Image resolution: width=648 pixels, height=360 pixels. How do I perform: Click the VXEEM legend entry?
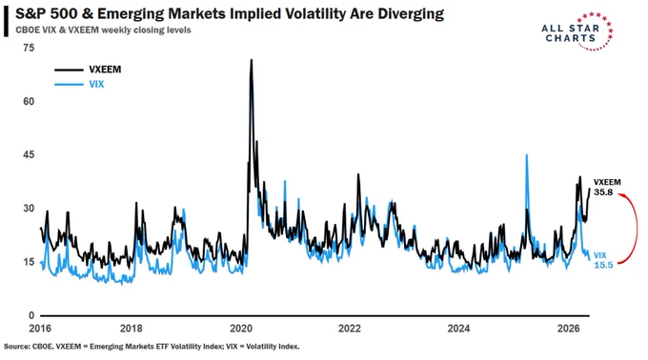click(88, 70)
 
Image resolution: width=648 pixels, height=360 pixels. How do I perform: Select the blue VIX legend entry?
click(79, 84)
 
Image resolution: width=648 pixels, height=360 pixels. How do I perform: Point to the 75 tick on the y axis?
click(29, 48)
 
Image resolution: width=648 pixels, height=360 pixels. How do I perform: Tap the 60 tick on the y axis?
click(29, 102)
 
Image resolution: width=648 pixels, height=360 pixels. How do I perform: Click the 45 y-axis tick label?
click(29, 155)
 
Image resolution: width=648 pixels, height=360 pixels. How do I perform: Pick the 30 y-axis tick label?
click(29, 208)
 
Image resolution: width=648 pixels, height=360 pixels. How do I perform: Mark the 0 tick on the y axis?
click(31, 315)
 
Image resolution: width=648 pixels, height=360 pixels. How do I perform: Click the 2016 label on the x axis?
click(40, 329)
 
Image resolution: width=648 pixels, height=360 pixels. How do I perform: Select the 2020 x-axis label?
click(241, 329)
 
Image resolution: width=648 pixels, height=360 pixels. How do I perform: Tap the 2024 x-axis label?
click(458, 329)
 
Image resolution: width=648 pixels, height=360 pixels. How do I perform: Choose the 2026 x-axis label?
click(569, 329)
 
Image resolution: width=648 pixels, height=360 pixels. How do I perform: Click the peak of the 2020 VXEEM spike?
click(252, 60)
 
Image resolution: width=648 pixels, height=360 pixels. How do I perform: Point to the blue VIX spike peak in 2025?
click(526, 155)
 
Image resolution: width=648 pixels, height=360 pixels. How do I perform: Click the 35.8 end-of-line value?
click(603, 192)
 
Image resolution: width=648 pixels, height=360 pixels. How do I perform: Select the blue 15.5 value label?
click(603, 265)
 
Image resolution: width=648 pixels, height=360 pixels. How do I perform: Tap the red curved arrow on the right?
click(637, 227)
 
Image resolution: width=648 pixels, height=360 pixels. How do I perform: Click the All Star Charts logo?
click(577, 31)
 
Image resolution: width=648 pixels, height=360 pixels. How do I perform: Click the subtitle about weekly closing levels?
click(103, 30)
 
